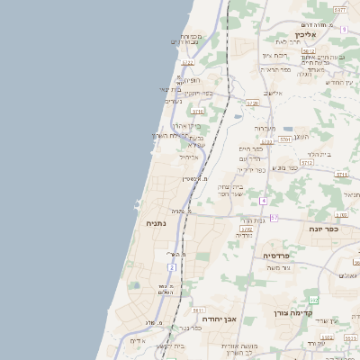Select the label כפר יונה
click(x=322, y=229)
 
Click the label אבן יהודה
click(x=218, y=319)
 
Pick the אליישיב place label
click(x=273, y=93)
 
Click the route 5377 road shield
click(x=339, y=9)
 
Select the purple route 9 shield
click(x=343, y=30)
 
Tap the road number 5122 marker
click(x=187, y=63)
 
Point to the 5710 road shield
click(x=198, y=111)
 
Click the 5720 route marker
click(x=252, y=103)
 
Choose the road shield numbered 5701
click(x=284, y=139)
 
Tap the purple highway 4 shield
click(x=263, y=201)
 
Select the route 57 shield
click(x=274, y=218)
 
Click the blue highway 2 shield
click(x=171, y=267)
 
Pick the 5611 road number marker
click(x=198, y=310)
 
